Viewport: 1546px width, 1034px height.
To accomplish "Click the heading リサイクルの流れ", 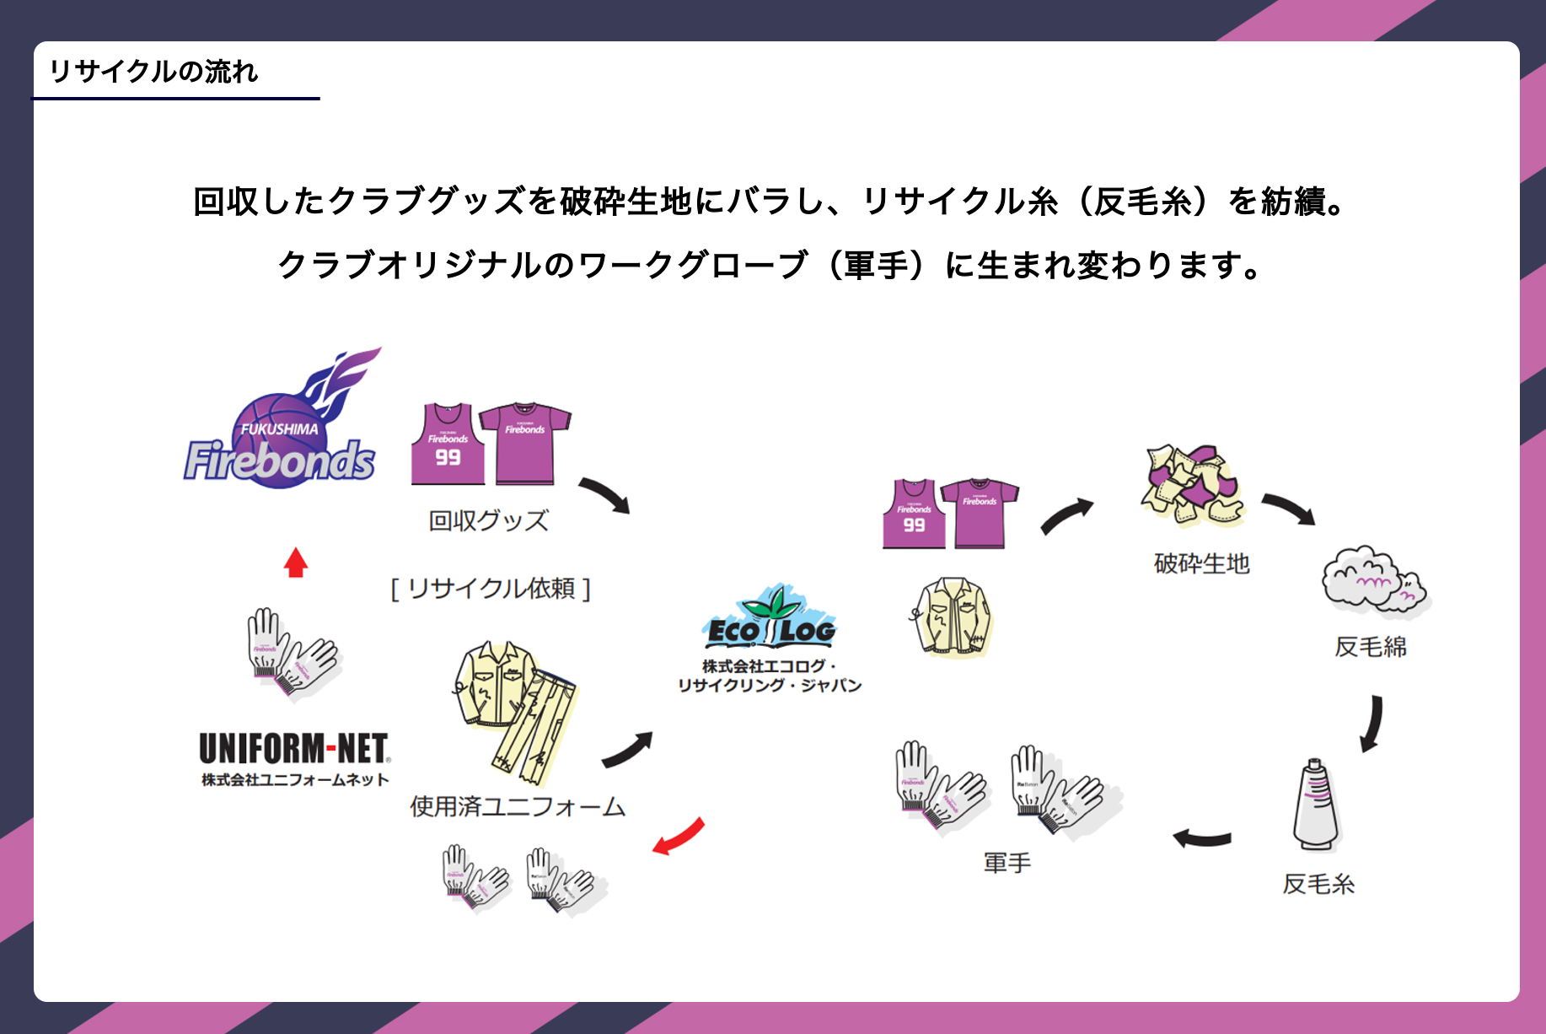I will tap(153, 72).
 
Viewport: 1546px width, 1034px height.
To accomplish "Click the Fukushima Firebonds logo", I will tap(282, 425).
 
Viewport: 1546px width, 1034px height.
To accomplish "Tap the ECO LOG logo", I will tap(769, 620).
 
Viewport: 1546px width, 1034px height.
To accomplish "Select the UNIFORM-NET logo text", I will tap(294, 749).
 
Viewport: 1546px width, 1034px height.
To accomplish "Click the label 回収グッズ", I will tap(488, 520).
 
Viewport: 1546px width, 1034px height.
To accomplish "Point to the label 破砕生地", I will tap(1201, 563).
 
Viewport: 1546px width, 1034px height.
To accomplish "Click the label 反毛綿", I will tap(1370, 647).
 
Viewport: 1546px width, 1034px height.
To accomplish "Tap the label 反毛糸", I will tap(1318, 884).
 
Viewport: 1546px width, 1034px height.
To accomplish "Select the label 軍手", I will tap(1007, 863).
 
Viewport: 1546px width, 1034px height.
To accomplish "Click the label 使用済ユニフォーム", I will tap(518, 807).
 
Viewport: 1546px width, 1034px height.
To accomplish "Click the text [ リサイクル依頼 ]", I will tap(491, 588).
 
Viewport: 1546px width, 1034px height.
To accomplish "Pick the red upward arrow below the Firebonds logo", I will tap(295, 563).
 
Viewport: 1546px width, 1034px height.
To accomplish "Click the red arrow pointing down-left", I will tap(679, 837).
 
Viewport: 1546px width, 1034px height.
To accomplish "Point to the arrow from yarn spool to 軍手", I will tap(1202, 837).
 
